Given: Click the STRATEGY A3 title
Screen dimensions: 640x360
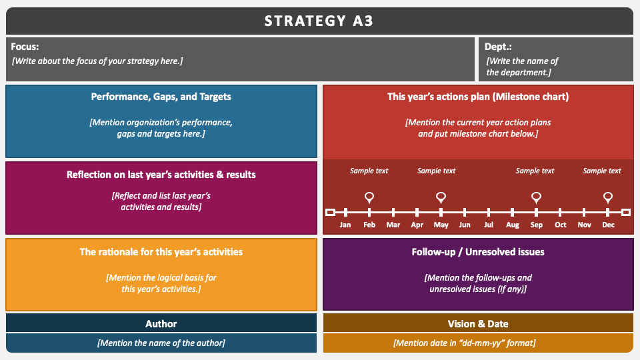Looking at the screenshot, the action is pyautogui.click(x=319, y=21).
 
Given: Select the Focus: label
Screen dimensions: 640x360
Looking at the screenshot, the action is pyautogui.click(x=25, y=47).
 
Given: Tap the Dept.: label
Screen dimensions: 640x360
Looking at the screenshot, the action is pyautogui.click(x=498, y=47).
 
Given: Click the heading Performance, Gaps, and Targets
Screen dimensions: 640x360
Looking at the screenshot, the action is pyautogui.click(x=161, y=97).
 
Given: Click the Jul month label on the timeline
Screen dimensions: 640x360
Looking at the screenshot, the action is pyautogui.click(x=489, y=225).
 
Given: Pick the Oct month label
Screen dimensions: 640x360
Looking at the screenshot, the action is pyautogui.click(x=561, y=225).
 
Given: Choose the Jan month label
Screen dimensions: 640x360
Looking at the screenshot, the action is pyautogui.click(x=345, y=225).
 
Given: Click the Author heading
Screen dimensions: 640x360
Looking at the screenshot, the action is pyautogui.click(x=161, y=324).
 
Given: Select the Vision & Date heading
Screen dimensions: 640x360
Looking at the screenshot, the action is pyautogui.click(x=478, y=324).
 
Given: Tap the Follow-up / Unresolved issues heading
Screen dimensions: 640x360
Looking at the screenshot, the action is pyautogui.click(x=478, y=252).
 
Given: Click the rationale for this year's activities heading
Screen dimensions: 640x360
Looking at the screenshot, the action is pyautogui.click(x=161, y=252).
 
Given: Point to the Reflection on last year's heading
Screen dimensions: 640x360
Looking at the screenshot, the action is pyautogui.click(x=161, y=175).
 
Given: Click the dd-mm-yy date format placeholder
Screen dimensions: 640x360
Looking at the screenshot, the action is pyautogui.click(x=465, y=343).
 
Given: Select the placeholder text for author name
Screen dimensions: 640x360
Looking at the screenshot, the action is pyautogui.click(x=161, y=343).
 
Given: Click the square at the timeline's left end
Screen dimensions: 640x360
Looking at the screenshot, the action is pyautogui.click(x=330, y=212).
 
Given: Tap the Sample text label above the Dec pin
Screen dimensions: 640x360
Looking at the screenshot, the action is pyautogui.click(x=601, y=171).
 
